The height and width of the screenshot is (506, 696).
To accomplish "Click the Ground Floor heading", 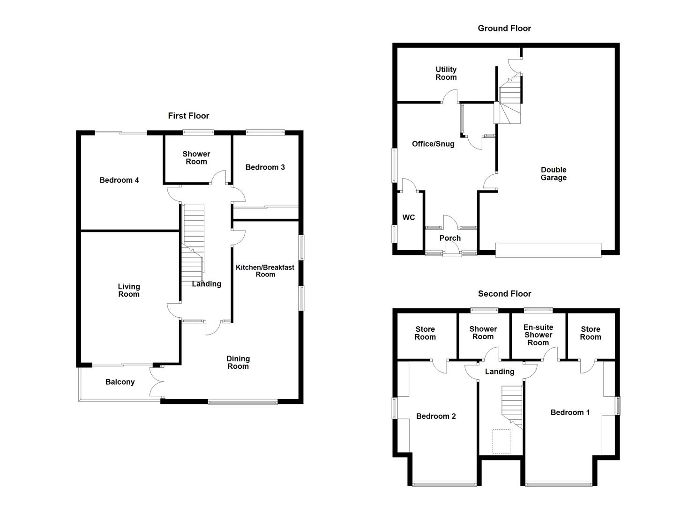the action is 504,28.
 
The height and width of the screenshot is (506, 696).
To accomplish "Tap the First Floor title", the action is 188,116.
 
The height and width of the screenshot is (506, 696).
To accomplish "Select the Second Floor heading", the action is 505,294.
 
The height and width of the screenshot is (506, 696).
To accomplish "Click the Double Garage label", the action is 554,174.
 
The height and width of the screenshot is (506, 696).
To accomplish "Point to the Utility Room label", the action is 446,73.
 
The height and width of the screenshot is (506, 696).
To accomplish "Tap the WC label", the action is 409,217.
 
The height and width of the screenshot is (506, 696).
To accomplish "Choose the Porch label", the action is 450,238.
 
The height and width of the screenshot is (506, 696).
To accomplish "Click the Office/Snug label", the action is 433,144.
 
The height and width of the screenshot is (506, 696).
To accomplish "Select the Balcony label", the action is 120,382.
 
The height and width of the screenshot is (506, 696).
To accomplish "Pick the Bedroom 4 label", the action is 119,180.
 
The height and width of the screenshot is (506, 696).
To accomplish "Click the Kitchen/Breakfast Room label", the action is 265,270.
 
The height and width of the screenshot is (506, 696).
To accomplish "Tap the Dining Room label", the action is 238,362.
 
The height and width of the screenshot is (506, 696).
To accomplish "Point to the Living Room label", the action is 129,290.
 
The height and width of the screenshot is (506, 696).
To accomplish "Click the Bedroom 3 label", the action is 265,167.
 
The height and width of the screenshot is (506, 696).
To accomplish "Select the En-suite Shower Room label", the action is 538,335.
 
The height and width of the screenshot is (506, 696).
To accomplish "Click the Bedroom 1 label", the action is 570,412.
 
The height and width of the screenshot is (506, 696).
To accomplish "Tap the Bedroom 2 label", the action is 436,416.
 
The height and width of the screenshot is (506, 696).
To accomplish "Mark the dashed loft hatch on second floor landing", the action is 501,441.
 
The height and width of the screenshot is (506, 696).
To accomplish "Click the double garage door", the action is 548,250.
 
